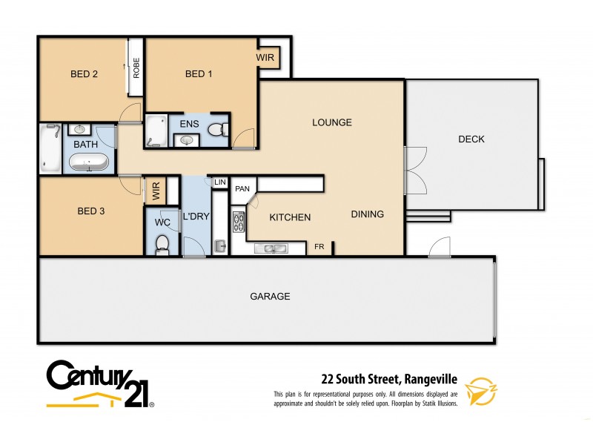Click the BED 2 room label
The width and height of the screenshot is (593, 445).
85,73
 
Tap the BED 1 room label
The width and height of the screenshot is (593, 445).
199,73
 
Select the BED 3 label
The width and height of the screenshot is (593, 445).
91,211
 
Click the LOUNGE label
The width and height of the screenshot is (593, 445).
331,122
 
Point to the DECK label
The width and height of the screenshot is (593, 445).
471,139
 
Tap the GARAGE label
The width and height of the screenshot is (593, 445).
269,296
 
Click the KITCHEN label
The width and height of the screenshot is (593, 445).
289,217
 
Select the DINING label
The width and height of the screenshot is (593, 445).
367,214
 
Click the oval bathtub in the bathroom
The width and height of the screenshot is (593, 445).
88,162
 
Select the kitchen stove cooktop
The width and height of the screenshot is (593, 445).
239,222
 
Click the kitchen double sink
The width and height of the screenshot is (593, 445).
272,248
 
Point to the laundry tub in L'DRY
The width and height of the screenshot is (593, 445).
220,245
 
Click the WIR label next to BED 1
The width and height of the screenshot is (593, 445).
266,57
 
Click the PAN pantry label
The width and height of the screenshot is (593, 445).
242,189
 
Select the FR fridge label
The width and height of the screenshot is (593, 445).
319,247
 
